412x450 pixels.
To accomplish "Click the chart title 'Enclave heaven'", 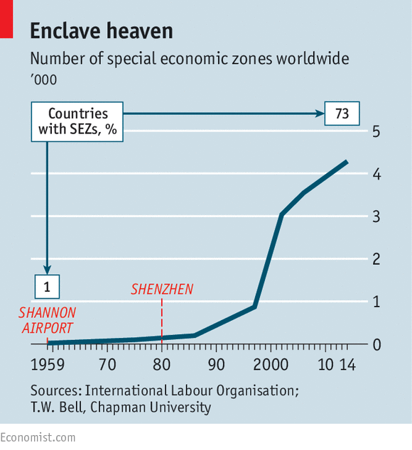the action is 102,31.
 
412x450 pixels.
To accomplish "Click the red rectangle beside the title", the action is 6,19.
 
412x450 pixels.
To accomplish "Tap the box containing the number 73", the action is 342,114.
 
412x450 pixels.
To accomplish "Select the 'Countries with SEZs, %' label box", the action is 77,121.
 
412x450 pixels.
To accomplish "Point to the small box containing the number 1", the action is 47,287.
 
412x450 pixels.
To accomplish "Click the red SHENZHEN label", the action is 162,290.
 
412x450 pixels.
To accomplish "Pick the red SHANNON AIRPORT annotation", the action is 48,320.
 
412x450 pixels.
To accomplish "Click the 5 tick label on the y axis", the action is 376,131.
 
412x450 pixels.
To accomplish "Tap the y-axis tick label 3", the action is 376,216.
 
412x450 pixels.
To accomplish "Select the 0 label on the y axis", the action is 376,344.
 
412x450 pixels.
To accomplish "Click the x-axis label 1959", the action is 48,365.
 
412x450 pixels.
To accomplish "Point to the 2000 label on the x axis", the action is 271,365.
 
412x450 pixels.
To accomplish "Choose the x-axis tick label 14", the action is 348,365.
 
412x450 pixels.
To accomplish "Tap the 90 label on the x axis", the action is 217,365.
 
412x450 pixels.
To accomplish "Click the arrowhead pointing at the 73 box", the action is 320,114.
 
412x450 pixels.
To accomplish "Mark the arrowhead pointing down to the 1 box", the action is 47,270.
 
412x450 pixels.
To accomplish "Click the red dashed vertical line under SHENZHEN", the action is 162,321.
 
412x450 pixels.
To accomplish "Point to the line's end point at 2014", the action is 347,162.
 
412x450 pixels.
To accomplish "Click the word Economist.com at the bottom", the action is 38,438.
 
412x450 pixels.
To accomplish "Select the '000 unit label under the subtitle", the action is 43,79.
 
